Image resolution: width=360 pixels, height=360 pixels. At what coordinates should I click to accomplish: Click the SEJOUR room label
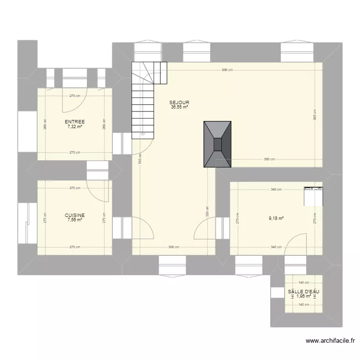coord(179,103)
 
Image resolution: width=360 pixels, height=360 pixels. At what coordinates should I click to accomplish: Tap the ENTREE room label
coord(75,122)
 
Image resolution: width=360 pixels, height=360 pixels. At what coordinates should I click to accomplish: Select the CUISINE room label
coord(75,216)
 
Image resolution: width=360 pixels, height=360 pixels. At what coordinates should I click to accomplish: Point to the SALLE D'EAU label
coord(303,291)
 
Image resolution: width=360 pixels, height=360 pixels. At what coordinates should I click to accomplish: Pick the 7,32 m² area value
coord(75,127)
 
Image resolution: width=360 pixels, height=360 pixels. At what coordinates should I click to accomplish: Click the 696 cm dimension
coord(227,70)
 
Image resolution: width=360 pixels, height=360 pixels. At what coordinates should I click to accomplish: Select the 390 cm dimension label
coord(269,159)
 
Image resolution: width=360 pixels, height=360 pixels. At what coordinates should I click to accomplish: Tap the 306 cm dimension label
coord(173,247)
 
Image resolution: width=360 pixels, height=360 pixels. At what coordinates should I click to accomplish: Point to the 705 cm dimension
coord(140,158)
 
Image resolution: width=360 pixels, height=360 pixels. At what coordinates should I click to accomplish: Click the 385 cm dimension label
coord(315,115)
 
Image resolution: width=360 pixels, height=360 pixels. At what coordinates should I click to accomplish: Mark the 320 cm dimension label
coord(207,212)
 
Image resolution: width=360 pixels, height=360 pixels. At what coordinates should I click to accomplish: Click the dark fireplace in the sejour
coord(218,144)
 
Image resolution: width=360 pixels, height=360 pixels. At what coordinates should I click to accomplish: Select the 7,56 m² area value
coord(75,220)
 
